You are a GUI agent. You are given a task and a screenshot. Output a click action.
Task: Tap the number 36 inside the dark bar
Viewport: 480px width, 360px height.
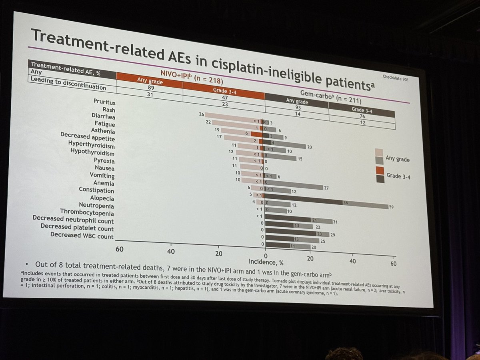[345, 203]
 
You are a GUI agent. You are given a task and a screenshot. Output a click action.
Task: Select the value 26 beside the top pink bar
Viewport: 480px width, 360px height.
[202, 114]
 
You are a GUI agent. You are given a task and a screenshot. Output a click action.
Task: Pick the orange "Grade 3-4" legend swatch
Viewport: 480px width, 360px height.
[380, 170]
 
